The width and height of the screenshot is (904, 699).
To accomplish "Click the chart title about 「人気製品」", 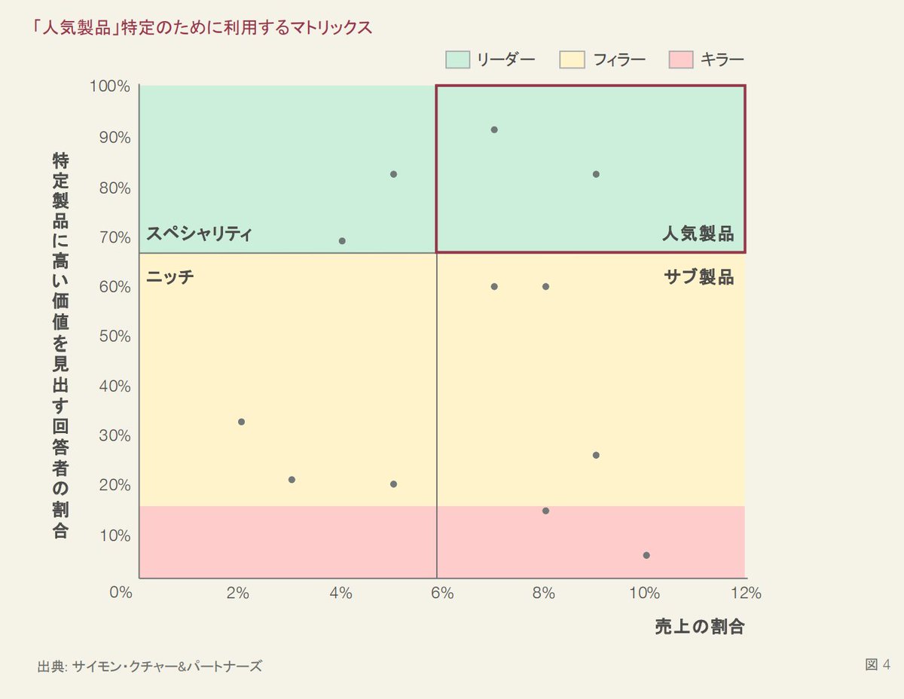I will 203,28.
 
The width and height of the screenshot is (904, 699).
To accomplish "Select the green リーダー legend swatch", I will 457,60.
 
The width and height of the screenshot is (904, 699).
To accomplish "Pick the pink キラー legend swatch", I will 680,60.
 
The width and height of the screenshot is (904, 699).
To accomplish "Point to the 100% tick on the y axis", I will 110,87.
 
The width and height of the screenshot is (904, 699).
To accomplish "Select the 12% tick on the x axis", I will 745,593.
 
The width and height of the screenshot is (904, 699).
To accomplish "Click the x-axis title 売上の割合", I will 699,627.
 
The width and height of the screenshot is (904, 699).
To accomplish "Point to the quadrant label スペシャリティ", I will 198,234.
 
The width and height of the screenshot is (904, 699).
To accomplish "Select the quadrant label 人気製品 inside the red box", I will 698,234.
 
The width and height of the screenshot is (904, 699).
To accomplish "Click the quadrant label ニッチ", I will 169,277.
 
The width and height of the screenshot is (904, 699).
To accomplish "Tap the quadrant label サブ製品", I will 698,277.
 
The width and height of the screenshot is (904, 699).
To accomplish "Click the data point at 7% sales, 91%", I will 494,130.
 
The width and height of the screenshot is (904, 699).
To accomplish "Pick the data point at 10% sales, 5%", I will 646,555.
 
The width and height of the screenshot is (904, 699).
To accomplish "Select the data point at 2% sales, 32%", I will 241,422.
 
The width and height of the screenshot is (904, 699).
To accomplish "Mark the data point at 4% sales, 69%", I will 342,241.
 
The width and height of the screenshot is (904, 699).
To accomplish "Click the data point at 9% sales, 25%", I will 596,455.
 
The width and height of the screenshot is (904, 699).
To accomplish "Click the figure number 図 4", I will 878,664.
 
